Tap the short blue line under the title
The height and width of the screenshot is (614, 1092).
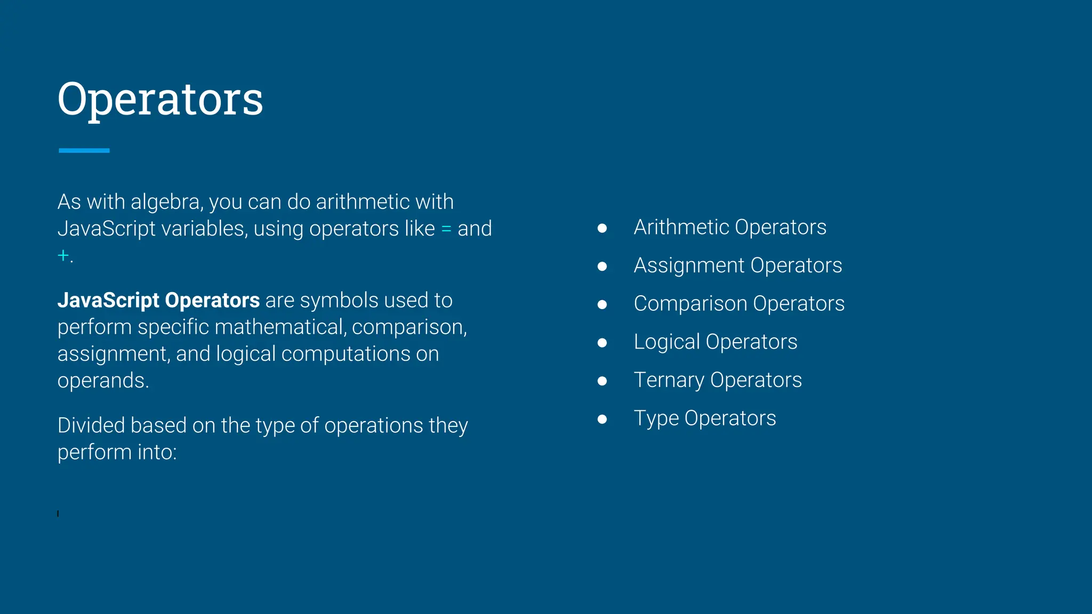click(84, 150)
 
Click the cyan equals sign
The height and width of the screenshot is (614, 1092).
click(446, 229)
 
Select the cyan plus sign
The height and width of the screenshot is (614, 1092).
click(63, 255)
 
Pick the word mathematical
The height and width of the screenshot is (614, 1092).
click(280, 327)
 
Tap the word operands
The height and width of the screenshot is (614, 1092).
click(102, 381)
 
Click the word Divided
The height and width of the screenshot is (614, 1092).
click(91, 425)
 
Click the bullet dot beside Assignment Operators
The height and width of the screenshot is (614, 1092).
click(602, 266)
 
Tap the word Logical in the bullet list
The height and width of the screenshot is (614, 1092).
click(667, 342)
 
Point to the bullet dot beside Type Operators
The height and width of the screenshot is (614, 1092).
click(602, 419)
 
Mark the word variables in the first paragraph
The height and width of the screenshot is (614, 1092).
click(205, 229)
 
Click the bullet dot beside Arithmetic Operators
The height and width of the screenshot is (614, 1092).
click(602, 228)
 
